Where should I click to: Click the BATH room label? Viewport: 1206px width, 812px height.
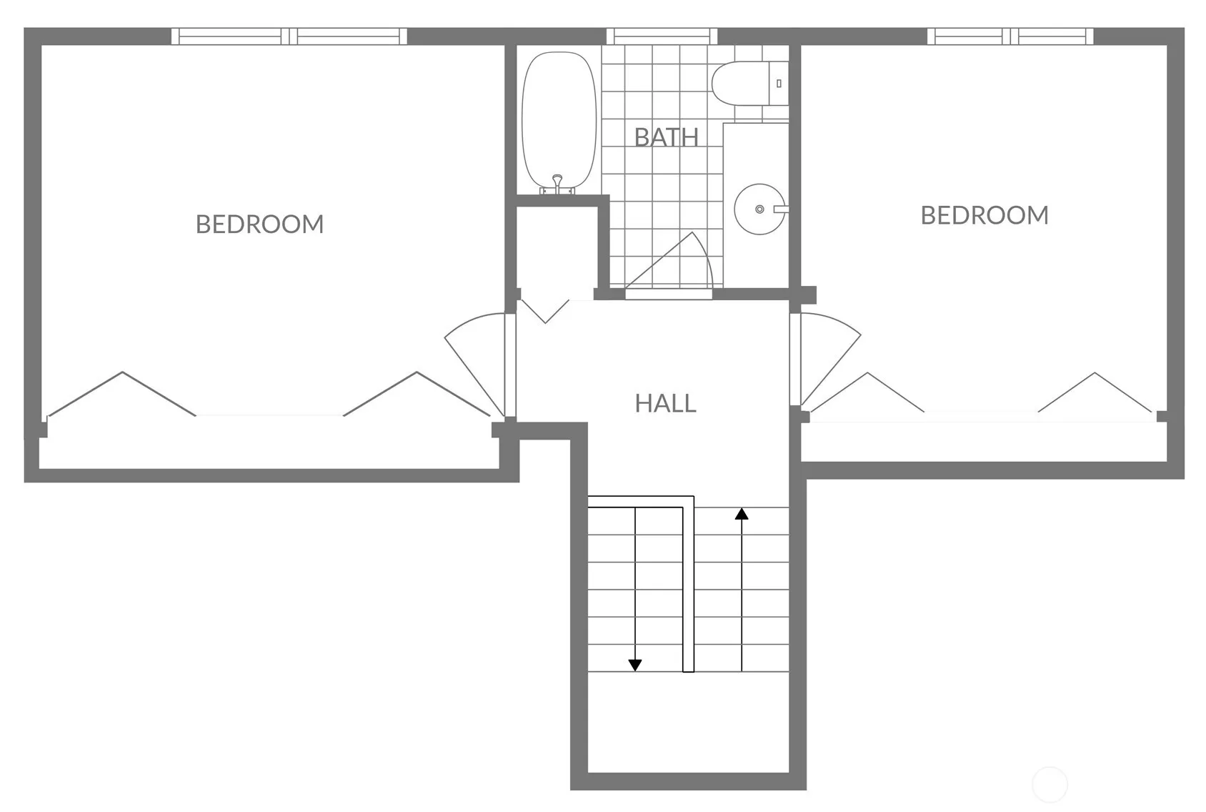(666, 137)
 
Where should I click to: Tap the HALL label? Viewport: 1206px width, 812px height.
(665, 403)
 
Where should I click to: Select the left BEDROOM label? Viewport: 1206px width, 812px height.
(259, 224)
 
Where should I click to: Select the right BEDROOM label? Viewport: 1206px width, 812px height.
(985, 215)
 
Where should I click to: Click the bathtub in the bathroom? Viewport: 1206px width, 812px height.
(559, 122)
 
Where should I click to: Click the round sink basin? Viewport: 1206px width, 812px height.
(759, 209)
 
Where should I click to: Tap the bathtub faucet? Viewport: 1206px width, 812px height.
(557, 184)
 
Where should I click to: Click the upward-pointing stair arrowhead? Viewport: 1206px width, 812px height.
(742, 514)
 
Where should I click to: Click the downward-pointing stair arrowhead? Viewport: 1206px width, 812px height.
(634, 665)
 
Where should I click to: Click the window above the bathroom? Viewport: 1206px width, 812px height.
(662, 36)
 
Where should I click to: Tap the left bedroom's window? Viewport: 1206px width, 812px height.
(289, 36)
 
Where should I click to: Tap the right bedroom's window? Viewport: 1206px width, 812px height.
(1010, 36)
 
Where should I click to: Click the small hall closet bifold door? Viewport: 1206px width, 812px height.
(545, 312)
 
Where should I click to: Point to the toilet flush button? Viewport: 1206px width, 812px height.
(779, 84)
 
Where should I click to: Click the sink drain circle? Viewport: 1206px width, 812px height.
(759, 209)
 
